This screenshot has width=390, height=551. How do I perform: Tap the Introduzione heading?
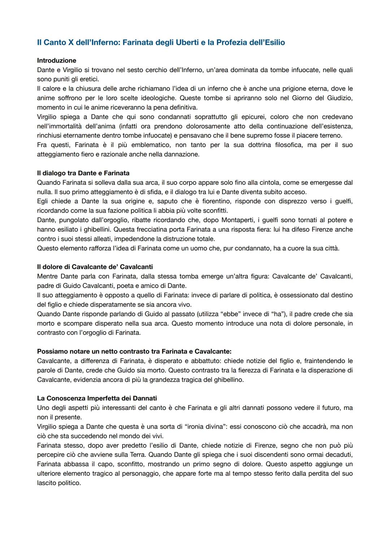pos(57,61)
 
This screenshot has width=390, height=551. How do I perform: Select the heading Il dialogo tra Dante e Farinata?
pos(83,173)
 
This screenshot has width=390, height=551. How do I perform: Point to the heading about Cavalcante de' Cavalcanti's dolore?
pos(95,267)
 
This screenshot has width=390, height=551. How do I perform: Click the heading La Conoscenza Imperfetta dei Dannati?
pos(97,398)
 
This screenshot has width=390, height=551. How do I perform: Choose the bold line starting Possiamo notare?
pos(134,351)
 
